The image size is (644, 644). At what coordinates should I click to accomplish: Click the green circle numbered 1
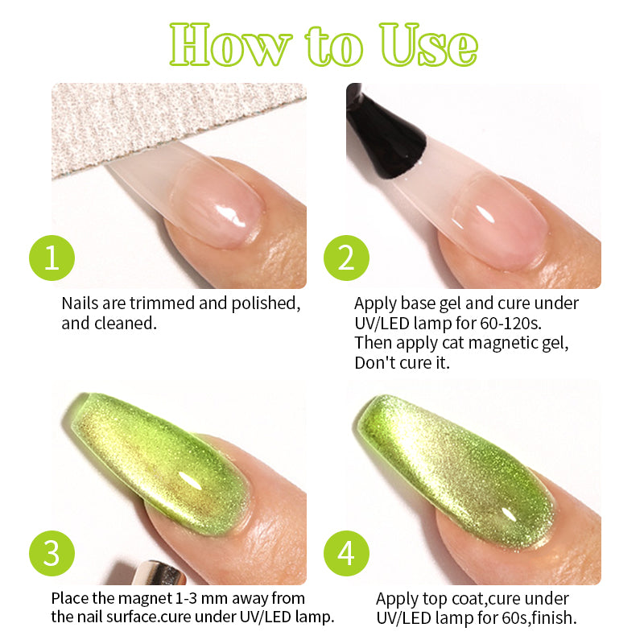point(52,258)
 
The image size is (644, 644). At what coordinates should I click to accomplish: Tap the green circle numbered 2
point(346,258)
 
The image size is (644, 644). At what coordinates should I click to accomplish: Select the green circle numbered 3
point(52,553)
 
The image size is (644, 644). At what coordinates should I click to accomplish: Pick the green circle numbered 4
point(346,553)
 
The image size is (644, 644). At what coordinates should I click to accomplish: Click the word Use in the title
point(428,44)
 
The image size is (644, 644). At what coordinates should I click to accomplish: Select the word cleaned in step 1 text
point(126,324)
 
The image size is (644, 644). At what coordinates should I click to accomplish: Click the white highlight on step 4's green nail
point(508,514)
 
